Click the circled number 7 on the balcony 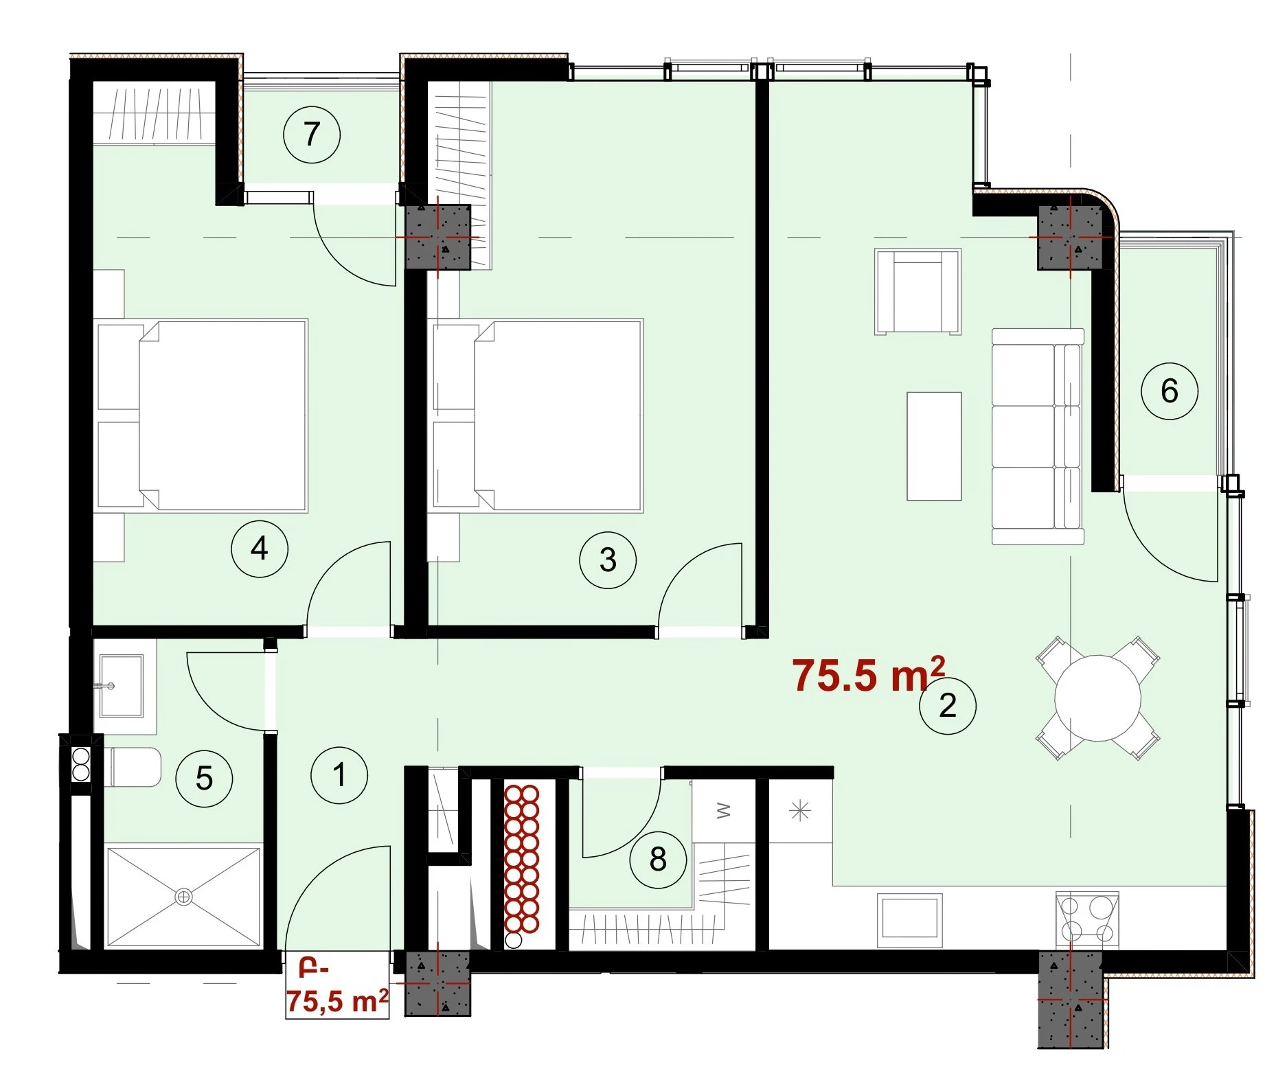pyautogui.click(x=312, y=134)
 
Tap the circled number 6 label pyautogui.click(x=1170, y=391)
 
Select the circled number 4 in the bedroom pyautogui.click(x=260, y=549)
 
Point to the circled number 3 pyautogui.click(x=608, y=560)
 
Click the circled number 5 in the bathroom pyautogui.click(x=204, y=779)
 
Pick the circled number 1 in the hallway pyautogui.click(x=339, y=775)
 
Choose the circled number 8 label pyautogui.click(x=658, y=859)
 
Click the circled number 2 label pyautogui.click(x=948, y=705)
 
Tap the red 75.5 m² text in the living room pyautogui.click(x=869, y=674)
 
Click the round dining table pyautogui.click(x=1097, y=698)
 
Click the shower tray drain pyautogui.click(x=183, y=897)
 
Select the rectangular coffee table pyautogui.click(x=934, y=446)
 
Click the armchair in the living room pyautogui.click(x=918, y=292)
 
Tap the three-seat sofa pyautogui.click(x=1038, y=437)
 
